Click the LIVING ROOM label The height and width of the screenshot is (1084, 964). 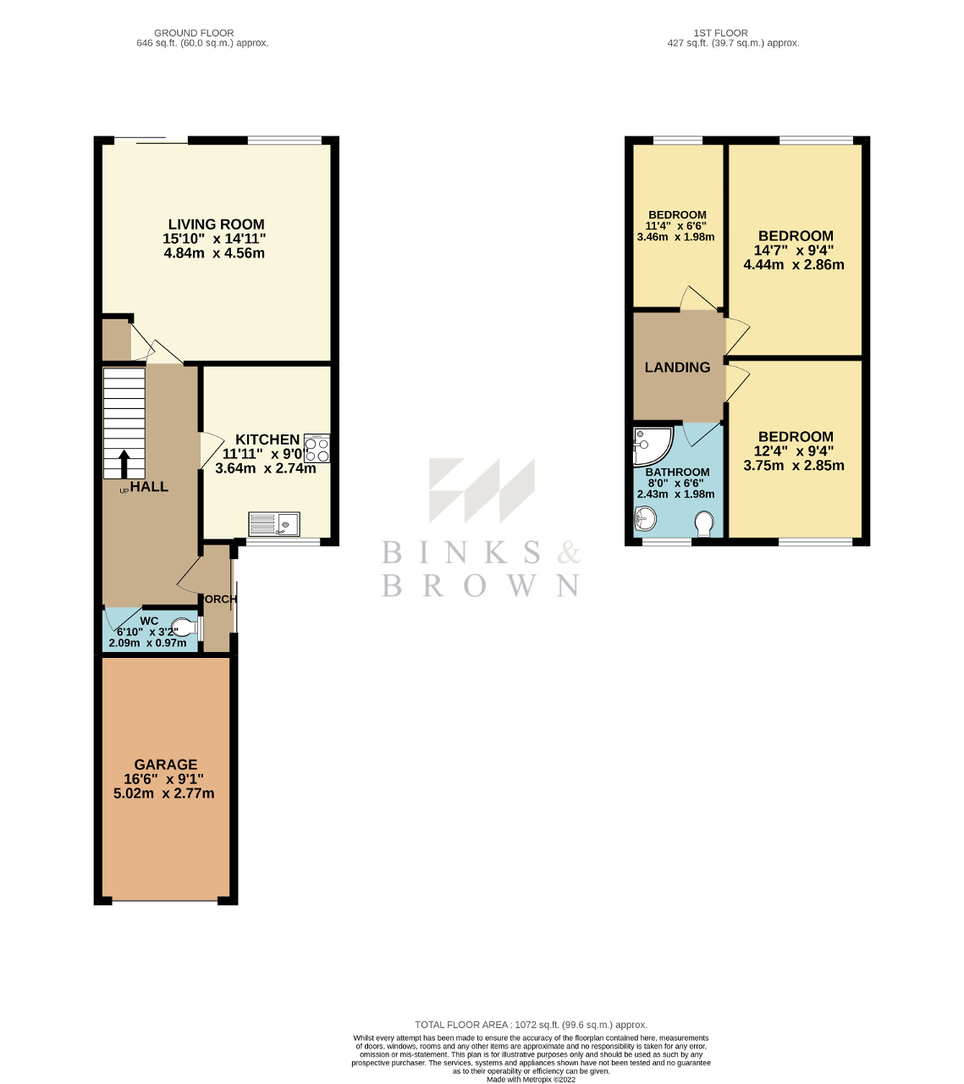(x=216, y=224)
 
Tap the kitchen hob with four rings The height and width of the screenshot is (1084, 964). (x=317, y=449)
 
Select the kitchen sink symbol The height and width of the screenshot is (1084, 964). (x=273, y=525)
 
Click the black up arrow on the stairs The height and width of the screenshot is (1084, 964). (x=124, y=464)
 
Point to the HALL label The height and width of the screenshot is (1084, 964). (x=149, y=487)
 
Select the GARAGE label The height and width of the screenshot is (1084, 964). (x=166, y=764)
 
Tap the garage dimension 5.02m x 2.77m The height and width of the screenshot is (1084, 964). (x=163, y=794)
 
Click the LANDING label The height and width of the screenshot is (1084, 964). (x=677, y=368)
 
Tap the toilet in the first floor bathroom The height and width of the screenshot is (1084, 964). (x=703, y=524)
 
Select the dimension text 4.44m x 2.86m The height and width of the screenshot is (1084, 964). (x=794, y=264)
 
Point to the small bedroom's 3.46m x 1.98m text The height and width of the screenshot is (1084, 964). (x=675, y=237)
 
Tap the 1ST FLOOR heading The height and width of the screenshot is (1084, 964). (x=720, y=33)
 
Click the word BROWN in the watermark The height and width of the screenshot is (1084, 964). (x=480, y=585)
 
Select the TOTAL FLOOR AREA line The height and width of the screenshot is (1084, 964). (x=531, y=1025)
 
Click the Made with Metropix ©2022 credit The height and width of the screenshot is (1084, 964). (x=531, y=1079)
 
